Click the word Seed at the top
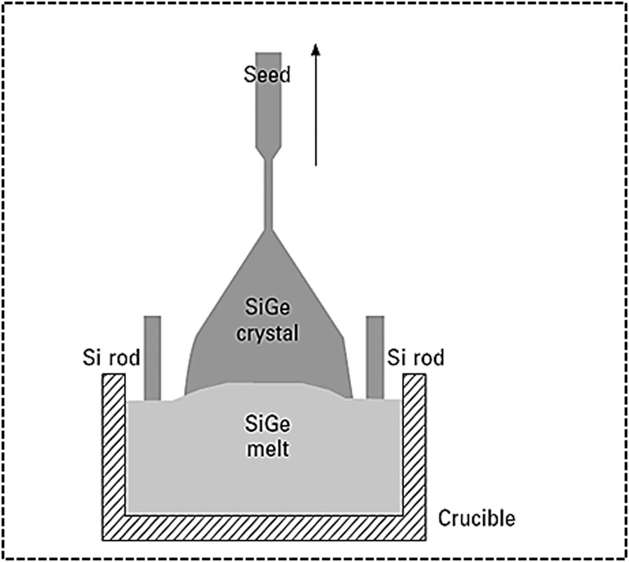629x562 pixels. coord(268,75)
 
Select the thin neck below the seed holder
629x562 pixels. coord(268,194)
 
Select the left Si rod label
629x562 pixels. coord(111,357)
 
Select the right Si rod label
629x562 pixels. coord(415,357)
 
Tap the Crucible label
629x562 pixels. coord(477,517)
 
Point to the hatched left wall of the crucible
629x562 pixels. coord(114,452)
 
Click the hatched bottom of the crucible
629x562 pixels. coord(265,527)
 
